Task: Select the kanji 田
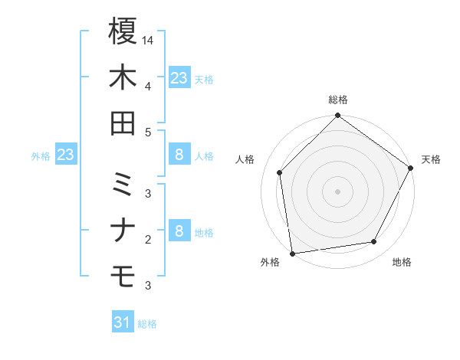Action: (123, 123)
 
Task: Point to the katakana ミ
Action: (123, 184)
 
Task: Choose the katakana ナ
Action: (123, 230)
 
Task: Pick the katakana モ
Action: (123, 274)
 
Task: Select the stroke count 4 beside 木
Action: (148, 86)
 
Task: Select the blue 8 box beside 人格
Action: (179, 155)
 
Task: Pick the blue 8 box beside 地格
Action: (179, 231)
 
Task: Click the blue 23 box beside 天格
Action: (179, 78)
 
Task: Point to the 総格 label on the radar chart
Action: (338, 100)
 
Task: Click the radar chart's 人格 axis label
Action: (245, 159)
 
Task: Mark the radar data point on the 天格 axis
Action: (412, 169)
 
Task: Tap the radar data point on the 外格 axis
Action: (292, 253)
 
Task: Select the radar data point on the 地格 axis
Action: (374, 242)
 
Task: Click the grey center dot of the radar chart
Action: (337, 191)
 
